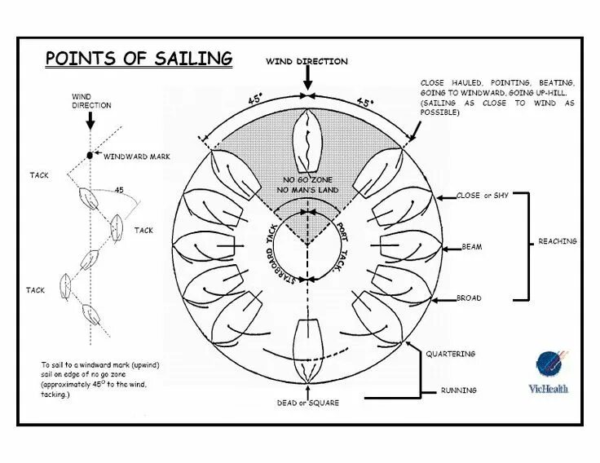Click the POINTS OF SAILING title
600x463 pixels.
pyautogui.click(x=139, y=59)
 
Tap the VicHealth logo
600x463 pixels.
pyautogui.click(x=553, y=372)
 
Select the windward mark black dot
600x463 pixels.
pyautogui.click(x=90, y=154)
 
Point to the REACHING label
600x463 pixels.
pyautogui.click(x=558, y=241)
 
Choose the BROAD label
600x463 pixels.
pyautogui.click(x=469, y=298)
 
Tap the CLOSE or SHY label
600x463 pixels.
pyautogui.click(x=479, y=196)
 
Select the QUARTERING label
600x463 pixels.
pyautogui.click(x=451, y=354)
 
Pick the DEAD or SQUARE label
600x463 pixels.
pyautogui.click(x=307, y=403)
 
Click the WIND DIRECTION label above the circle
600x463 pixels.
pyautogui.click(x=307, y=61)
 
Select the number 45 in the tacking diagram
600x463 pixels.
pyautogui.click(x=119, y=190)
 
